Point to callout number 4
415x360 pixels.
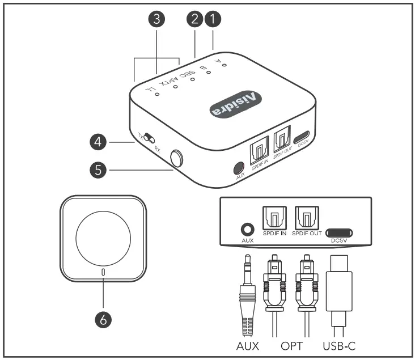99,142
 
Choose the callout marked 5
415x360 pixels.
99,168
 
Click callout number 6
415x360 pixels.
103,319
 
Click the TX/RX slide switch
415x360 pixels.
149,137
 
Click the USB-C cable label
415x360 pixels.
338,345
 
